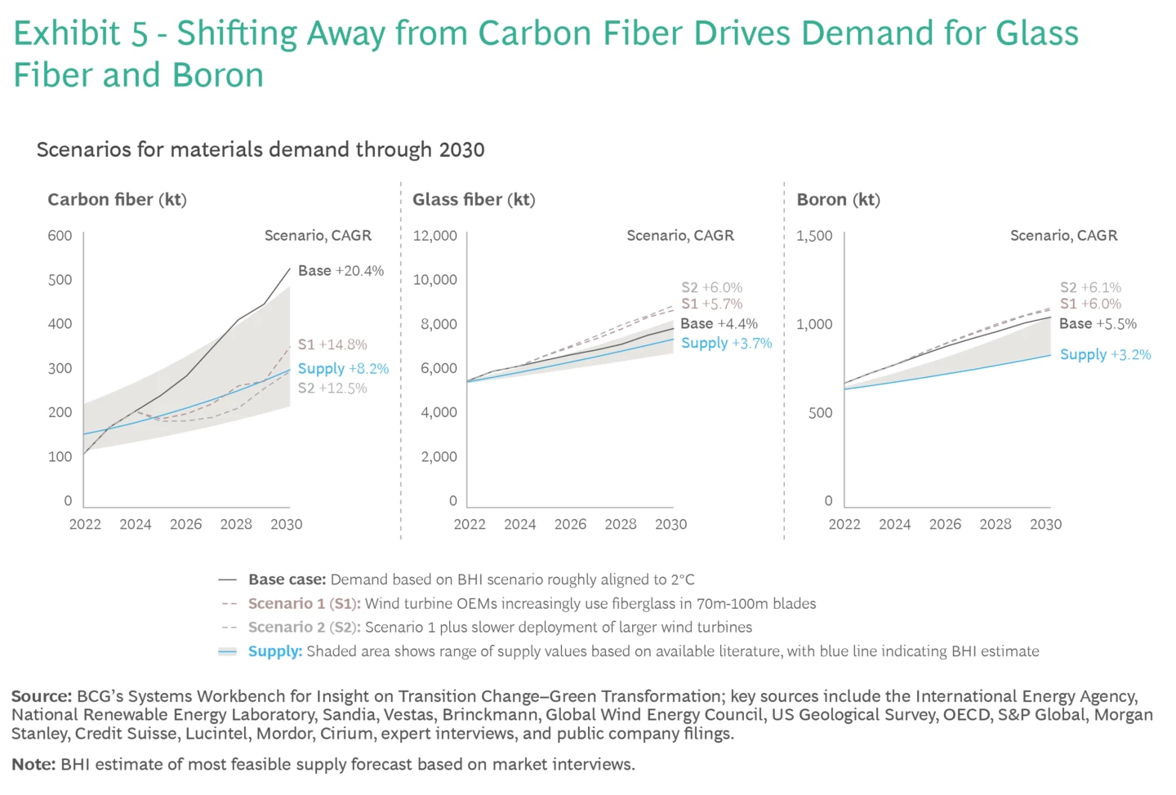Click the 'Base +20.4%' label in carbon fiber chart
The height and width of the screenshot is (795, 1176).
pyautogui.click(x=341, y=271)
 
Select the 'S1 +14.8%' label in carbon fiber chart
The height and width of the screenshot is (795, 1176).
pyautogui.click(x=332, y=344)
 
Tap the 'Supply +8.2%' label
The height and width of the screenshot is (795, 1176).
pyautogui.click(x=343, y=369)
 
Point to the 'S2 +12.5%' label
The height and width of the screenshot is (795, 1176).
pyautogui.click(x=332, y=389)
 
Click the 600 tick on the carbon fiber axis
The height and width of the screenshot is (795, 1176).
pyautogui.click(x=60, y=236)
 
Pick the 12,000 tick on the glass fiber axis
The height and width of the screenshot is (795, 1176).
pyautogui.click(x=434, y=236)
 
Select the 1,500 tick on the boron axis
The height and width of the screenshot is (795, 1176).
pyautogui.click(x=814, y=236)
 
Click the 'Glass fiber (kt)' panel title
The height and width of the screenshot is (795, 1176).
pyautogui.click(x=474, y=200)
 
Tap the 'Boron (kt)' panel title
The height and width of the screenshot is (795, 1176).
pyautogui.click(x=838, y=200)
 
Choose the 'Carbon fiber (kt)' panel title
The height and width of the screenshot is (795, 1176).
pyautogui.click(x=117, y=200)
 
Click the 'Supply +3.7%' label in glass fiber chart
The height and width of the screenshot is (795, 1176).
pyautogui.click(x=726, y=344)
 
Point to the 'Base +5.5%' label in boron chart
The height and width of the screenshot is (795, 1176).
pyautogui.click(x=1098, y=324)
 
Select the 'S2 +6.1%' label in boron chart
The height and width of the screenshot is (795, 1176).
pyautogui.click(x=1090, y=287)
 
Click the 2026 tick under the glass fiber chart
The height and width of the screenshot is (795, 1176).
pyautogui.click(x=570, y=525)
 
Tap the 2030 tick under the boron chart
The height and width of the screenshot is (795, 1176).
pyautogui.click(x=1045, y=525)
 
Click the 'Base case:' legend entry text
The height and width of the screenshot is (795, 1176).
pyautogui.click(x=287, y=580)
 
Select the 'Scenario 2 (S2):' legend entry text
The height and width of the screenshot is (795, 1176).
pyautogui.click(x=304, y=628)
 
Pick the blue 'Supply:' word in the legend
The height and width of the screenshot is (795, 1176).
pyautogui.click(x=275, y=651)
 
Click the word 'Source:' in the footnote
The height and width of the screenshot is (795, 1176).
pyautogui.click(x=42, y=696)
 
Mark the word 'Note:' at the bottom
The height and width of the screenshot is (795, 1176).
pyautogui.click(x=33, y=765)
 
